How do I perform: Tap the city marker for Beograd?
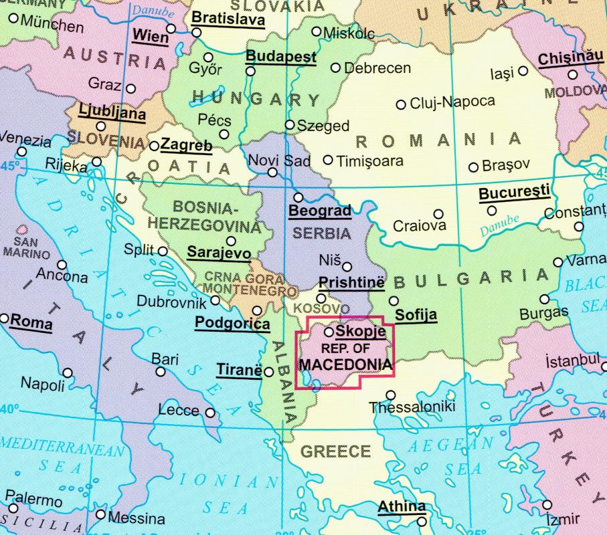click(x=298, y=197)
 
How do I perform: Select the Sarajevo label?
click(x=218, y=253)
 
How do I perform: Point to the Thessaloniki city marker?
click(x=391, y=395)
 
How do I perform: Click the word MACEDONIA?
click(x=345, y=364)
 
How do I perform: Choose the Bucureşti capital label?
click(x=514, y=193)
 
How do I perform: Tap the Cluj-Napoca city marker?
click(x=401, y=104)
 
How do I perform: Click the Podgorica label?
click(x=232, y=324)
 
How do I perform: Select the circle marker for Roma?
click(x=5, y=318)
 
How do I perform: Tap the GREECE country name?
click(x=335, y=451)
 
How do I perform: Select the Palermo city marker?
click(x=10, y=496)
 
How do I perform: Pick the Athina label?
click(x=401, y=507)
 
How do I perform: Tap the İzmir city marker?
click(x=547, y=505)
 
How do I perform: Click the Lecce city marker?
click(x=210, y=413)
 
